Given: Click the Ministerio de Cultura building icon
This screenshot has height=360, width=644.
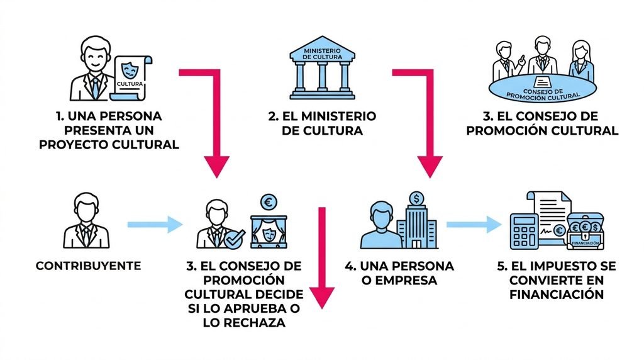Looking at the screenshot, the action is (323, 68).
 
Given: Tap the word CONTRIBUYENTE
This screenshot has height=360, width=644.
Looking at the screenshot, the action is (88, 266).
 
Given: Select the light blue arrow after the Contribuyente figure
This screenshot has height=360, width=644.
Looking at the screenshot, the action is (155, 225).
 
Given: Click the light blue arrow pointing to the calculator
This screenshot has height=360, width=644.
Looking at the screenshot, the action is (474, 225).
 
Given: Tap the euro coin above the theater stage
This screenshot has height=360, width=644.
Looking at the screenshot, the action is (269, 202).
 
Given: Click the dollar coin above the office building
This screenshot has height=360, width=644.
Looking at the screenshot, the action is (417, 199).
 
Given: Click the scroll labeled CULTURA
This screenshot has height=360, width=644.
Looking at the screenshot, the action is (131, 78).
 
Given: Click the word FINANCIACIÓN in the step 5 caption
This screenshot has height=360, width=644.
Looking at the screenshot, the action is (557, 295).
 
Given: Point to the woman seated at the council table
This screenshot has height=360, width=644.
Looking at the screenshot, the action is (580, 61).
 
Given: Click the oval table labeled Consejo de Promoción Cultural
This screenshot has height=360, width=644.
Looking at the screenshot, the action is (543, 88).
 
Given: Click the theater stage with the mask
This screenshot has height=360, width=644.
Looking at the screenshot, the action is (269, 232).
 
